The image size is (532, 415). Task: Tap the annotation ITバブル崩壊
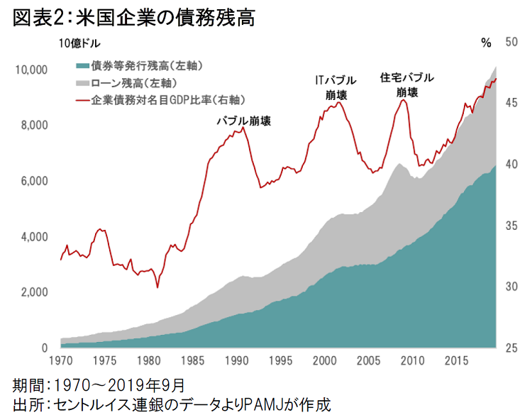[336, 87]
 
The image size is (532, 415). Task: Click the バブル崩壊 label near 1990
[243, 121]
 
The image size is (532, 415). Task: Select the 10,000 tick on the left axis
[31, 70]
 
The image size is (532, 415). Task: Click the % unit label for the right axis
[486, 43]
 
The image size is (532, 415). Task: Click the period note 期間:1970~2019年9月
[99, 385]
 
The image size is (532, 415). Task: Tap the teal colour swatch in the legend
[82, 66]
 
